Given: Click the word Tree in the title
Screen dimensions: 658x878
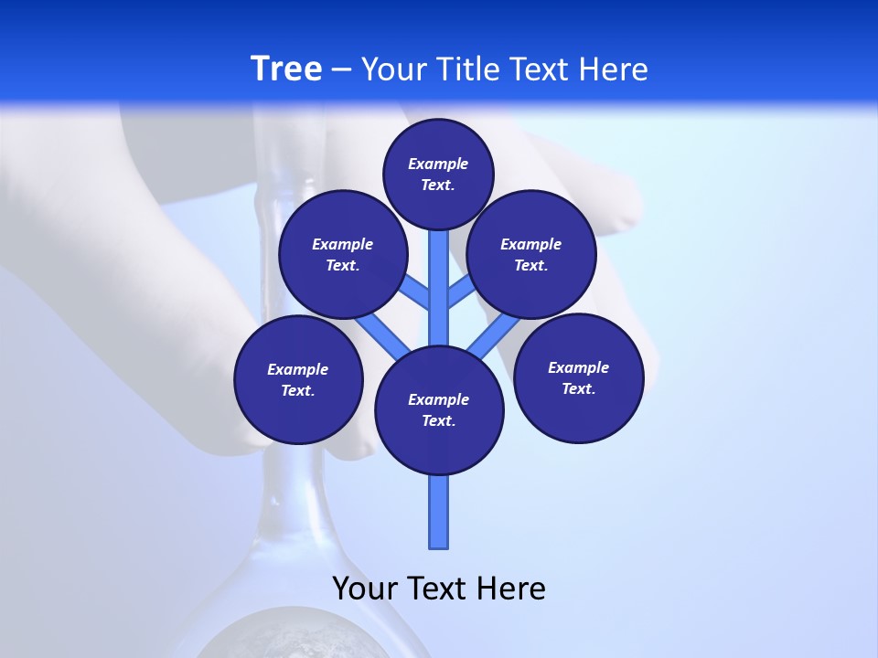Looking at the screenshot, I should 286,69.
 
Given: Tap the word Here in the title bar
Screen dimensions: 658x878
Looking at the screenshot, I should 614,69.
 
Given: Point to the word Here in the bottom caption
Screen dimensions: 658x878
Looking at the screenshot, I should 511,588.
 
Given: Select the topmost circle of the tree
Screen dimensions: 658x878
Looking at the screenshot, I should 438,174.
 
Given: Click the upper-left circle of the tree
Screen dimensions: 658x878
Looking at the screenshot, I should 343,254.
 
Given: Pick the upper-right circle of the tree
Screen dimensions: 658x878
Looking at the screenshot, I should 531,254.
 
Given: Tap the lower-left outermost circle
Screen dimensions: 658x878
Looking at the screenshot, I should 298,379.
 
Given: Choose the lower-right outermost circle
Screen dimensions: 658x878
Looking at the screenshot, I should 578,377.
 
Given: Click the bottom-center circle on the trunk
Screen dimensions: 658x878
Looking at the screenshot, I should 439,409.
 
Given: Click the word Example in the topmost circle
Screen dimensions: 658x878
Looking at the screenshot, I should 438,164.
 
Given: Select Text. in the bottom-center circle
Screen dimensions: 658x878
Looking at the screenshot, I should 438,420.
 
